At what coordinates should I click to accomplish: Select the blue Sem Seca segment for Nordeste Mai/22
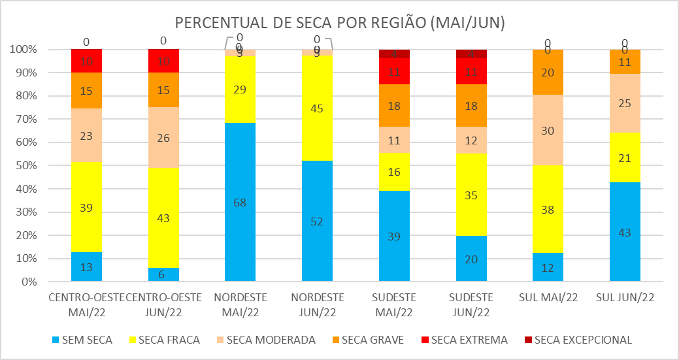pyautogui.click(x=240, y=203)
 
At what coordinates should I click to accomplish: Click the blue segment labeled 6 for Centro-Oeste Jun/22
pyautogui.click(x=163, y=275)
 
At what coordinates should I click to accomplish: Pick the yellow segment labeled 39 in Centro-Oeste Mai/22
pyautogui.click(x=86, y=207)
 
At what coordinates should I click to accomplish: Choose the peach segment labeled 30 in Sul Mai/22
pyautogui.click(x=548, y=130)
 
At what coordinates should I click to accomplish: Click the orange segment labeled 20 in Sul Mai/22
pyautogui.click(x=548, y=73)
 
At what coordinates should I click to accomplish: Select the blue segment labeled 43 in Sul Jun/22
pyautogui.click(x=625, y=233)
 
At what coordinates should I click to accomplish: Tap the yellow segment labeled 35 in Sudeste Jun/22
pyautogui.click(x=471, y=194)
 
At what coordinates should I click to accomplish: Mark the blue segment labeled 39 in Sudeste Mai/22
pyautogui.click(x=394, y=237)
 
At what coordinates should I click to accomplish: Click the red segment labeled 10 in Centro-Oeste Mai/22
pyautogui.click(x=86, y=61)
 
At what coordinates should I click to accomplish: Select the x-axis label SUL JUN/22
pyautogui.click(x=625, y=298)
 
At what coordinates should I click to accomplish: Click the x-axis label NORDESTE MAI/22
pyautogui.click(x=240, y=304)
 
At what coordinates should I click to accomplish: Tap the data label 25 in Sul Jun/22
pyautogui.click(x=625, y=103)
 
